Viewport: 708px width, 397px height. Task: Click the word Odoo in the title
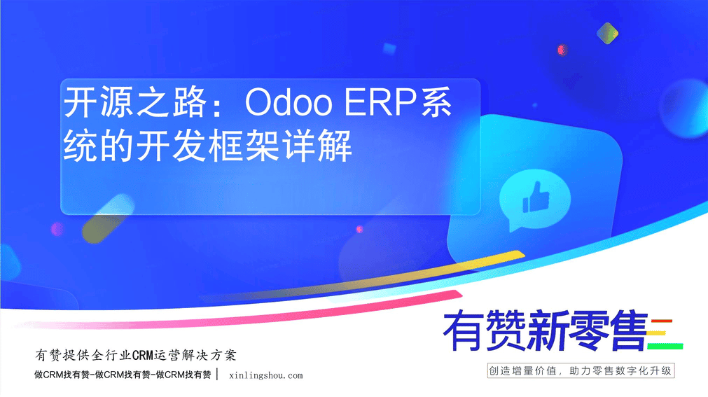[x=289, y=102]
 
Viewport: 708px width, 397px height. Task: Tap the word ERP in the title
[x=380, y=102]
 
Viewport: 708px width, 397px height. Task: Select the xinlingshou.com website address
[x=266, y=375]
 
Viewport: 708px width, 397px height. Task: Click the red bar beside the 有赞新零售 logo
[x=662, y=321]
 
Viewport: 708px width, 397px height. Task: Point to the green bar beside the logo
[x=665, y=347]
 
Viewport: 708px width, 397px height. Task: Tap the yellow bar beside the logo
[x=656, y=333]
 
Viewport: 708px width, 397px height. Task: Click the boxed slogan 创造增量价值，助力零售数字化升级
[x=581, y=371]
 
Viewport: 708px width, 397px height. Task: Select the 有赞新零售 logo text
[x=546, y=330]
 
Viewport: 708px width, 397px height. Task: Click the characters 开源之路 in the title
[x=135, y=102]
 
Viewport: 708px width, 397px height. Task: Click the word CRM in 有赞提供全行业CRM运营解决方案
[x=143, y=356]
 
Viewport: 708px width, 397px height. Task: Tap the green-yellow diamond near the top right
[x=607, y=34]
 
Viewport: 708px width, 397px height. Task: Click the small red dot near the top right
[x=562, y=50]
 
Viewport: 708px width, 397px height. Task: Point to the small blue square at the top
[x=389, y=48]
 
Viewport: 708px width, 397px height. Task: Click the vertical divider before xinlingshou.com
[x=218, y=375]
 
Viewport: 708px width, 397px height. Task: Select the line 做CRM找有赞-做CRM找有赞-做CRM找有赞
[x=123, y=375]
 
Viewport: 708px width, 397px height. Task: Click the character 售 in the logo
[x=629, y=330]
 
